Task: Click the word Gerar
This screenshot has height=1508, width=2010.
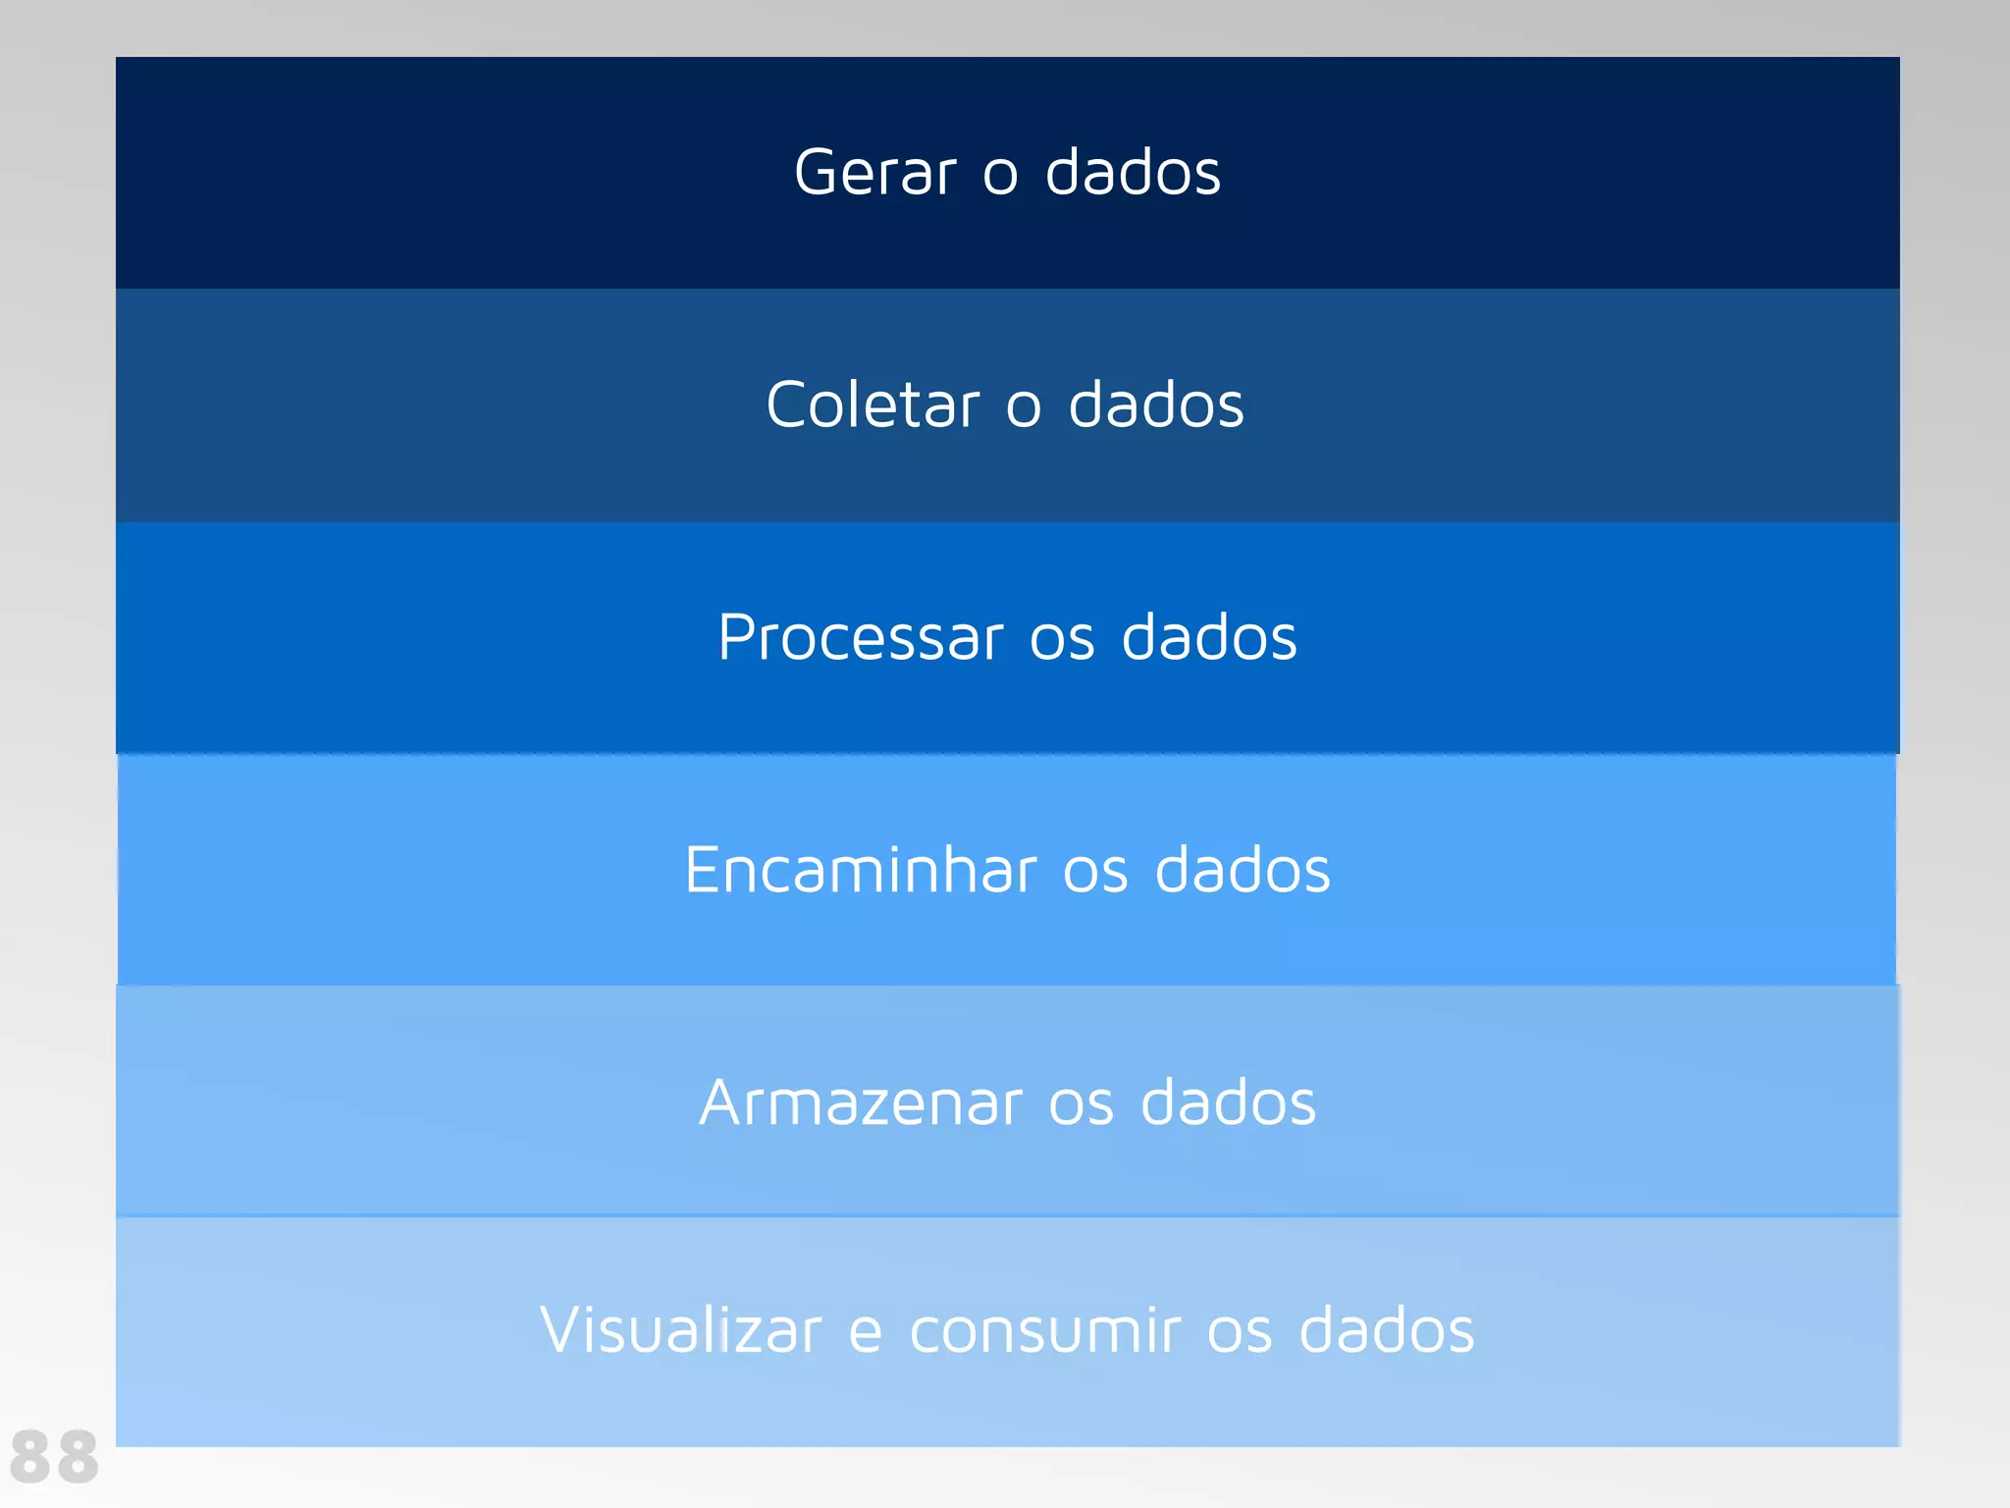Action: (873, 174)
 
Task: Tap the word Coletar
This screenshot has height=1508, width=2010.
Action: (872, 405)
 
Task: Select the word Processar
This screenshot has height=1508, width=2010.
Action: (860, 638)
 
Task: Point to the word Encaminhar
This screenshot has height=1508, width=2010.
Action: (861, 871)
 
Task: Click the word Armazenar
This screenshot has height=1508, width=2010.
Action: (861, 1103)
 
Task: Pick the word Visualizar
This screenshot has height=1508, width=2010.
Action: (680, 1331)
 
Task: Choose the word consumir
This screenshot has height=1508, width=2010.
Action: (1044, 1331)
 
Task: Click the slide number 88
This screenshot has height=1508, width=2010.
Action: (55, 1457)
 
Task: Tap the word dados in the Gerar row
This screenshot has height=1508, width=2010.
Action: (1133, 174)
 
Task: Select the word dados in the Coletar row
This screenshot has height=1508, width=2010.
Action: (1156, 405)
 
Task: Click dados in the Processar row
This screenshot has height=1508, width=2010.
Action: (1209, 638)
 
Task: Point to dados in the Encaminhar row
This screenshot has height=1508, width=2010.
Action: (1243, 871)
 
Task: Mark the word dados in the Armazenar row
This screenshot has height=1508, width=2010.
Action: (1228, 1103)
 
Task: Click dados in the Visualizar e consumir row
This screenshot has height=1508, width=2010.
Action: (1386, 1331)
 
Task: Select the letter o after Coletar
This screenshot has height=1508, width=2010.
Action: (1023, 408)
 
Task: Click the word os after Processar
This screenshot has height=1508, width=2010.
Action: (1062, 641)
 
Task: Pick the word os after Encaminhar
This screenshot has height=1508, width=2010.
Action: (1095, 874)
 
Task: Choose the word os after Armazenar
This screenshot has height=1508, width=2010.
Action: (1081, 1105)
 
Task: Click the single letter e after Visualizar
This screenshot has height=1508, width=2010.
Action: (865, 1334)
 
